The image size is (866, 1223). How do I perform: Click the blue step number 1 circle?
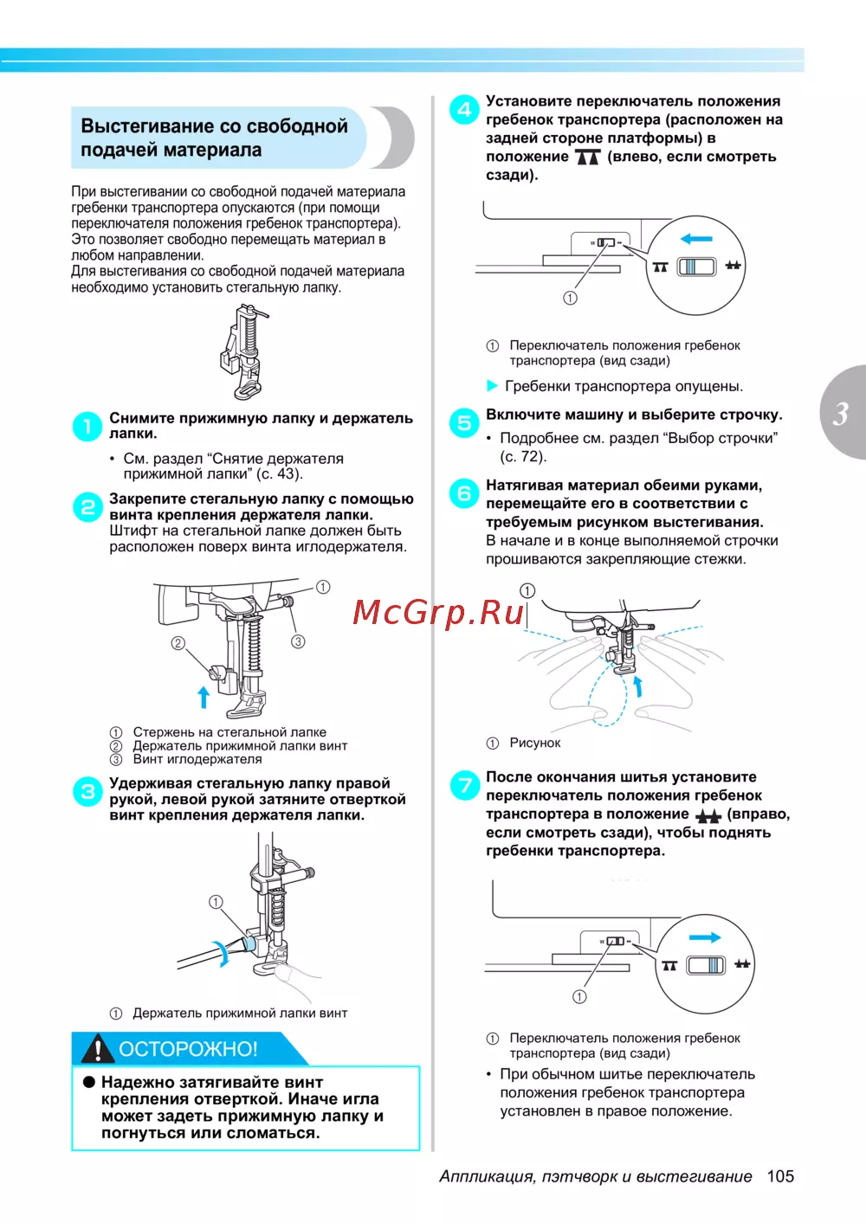[87, 426]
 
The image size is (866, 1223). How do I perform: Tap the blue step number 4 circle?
[464, 110]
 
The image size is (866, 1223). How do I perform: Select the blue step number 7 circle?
[464, 785]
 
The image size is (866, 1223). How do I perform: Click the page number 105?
[780, 1176]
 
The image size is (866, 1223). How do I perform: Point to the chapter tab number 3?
[841, 414]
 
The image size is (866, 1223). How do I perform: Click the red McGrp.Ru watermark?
[439, 612]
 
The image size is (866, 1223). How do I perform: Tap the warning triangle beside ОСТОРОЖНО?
[99, 1049]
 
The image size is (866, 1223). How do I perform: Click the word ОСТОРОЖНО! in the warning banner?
[188, 1049]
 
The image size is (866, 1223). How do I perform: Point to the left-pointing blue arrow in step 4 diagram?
[696, 239]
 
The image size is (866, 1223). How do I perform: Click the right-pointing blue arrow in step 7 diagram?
[705, 937]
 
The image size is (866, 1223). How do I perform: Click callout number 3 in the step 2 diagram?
[298, 641]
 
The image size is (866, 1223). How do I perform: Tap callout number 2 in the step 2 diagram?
[178, 643]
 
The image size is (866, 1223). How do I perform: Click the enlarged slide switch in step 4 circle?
[696, 266]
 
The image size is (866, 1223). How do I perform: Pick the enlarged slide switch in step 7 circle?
[706, 965]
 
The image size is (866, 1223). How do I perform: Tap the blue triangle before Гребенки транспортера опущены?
[493, 386]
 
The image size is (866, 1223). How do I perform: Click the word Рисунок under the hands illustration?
[534, 743]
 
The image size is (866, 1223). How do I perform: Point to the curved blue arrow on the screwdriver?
[223, 951]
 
